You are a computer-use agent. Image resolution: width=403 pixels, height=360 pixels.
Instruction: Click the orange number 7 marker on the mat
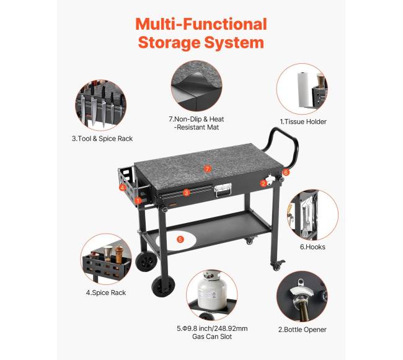click(208, 169)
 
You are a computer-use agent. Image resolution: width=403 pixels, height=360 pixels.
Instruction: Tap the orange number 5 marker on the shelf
click(180, 239)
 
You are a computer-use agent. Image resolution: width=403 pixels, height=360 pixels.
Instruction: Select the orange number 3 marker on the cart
click(187, 192)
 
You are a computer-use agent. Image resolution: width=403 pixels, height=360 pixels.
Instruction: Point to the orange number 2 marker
click(263, 183)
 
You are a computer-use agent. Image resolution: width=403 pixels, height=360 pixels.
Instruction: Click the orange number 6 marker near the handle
click(286, 172)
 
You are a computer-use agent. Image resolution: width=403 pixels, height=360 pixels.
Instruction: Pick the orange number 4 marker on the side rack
click(122, 188)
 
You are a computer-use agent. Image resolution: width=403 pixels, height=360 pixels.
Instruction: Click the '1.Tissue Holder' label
click(303, 121)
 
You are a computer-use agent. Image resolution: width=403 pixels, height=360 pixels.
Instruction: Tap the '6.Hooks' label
click(312, 247)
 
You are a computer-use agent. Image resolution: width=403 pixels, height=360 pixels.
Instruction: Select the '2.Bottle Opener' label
click(303, 330)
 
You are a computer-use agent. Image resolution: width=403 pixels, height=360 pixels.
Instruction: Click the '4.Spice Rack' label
click(106, 292)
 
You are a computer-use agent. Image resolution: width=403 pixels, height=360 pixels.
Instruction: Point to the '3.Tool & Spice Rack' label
click(102, 139)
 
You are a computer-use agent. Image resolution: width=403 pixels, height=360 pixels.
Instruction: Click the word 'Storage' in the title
click(169, 43)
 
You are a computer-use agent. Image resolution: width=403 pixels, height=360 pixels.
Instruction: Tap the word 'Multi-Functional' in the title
click(201, 24)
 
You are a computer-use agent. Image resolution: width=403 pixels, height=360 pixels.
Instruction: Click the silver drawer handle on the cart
click(223, 190)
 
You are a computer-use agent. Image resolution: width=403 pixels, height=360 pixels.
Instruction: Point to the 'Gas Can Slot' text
click(212, 336)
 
